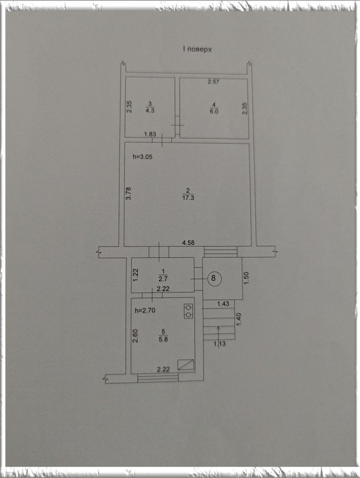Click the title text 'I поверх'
point(197,49)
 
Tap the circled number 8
point(213,278)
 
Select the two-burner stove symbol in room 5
point(188,311)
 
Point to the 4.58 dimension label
point(188,243)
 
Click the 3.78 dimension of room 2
point(128,193)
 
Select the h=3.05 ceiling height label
point(142,157)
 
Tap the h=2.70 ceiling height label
point(145,311)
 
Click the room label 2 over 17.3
point(188,194)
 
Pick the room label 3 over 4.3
point(150,108)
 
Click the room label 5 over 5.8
point(164,336)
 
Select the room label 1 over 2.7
point(163,275)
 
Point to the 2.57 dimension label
point(213,82)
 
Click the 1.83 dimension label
point(150,134)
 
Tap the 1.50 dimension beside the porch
point(247,278)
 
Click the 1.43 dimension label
point(223,304)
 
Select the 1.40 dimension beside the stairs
point(239,319)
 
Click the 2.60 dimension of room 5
point(135,336)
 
